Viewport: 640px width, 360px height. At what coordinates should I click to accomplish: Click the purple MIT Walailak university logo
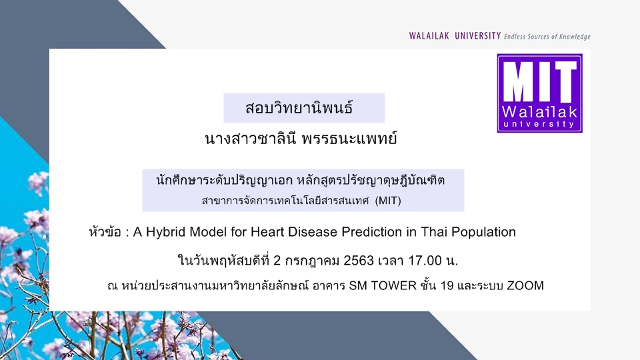pyautogui.click(x=539, y=93)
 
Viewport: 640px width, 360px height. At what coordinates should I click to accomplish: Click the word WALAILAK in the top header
pyautogui.click(x=429, y=36)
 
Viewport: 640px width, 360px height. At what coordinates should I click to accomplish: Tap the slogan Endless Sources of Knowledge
pyautogui.click(x=547, y=37)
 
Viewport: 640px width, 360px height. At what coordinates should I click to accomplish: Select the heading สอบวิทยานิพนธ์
pyautogui.click(x=299, y=108)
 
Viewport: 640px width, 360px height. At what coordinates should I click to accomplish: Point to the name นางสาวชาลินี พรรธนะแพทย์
pyautogui.click(x=301, y=139)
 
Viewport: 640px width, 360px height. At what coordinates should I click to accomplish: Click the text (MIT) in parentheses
pyautogui.click(x=388, y=201)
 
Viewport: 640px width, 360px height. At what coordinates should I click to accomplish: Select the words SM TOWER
pyautogui.click(x=383, y=285)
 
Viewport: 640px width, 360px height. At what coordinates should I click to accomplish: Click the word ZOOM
pyautogui.click(x=525, y=285)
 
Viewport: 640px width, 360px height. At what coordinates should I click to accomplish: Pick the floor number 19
pyautogui.click(x=447, y=285)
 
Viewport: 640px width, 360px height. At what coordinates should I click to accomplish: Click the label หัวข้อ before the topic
pyautogui.click(x=105, y=232)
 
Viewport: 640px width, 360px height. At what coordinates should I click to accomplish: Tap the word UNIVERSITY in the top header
pyautogui.click(x=478, y=36)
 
